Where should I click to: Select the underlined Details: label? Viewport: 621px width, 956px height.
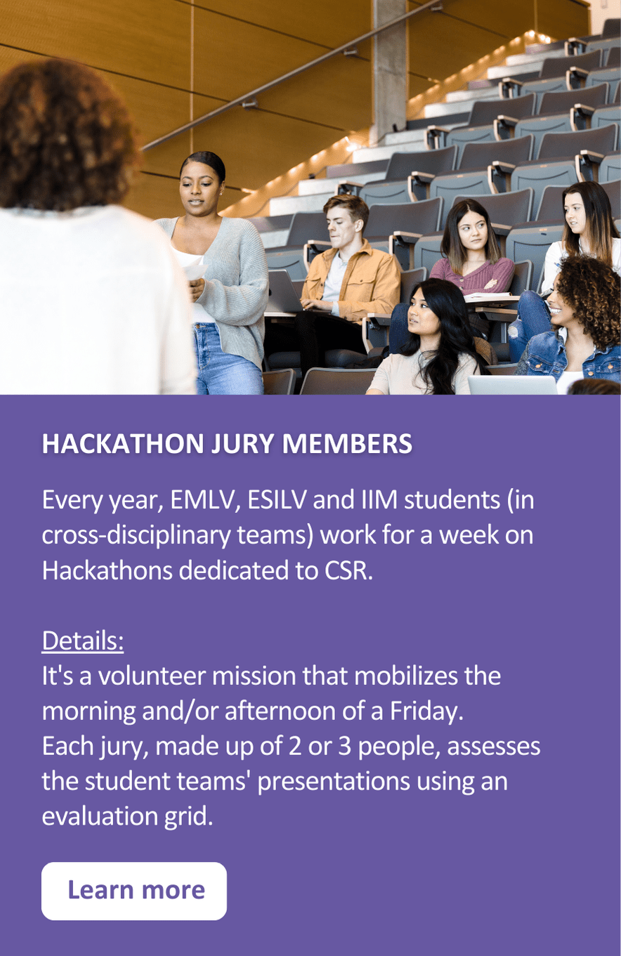tap(83, 641)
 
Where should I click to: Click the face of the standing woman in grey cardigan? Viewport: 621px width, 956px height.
tap(200, 189)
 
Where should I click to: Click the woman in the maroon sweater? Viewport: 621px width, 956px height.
tap(471, 251)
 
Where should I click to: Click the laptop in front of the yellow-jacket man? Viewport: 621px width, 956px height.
tap(283, 292)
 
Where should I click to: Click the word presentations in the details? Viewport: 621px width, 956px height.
tap(334, 782)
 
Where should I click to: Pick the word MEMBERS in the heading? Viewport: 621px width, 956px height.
tap(347, 444)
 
